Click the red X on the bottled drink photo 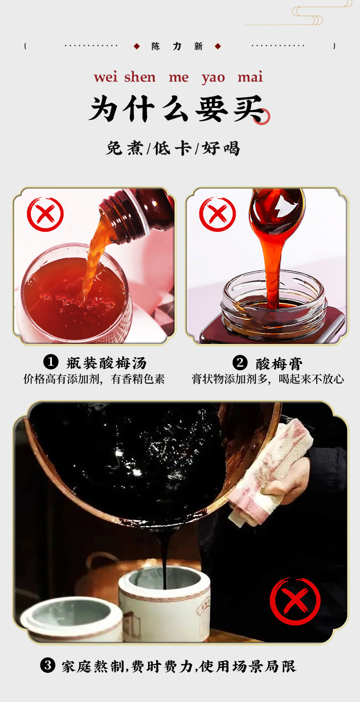pos(45,215)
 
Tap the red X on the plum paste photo pos(218,215)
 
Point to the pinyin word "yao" pos(213,78)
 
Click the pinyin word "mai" pos(250,77)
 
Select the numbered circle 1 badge pos(51,362)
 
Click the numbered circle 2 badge pos(240,363)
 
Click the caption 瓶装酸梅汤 pos(106,363)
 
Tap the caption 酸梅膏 pos(279,364)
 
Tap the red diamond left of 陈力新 pos(136,46)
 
